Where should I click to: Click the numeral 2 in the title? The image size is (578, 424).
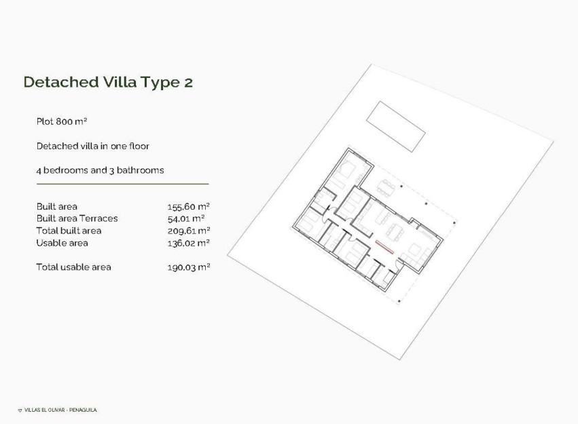tap(187, 82)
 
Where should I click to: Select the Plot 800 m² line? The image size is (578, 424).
tap(62, 121)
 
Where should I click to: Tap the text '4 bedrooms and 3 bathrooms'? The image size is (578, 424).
tap(100, 170)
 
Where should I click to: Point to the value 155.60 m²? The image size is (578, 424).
tap(188, 206)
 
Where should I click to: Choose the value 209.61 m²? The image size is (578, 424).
tap(188, 231)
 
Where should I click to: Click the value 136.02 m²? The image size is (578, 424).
tap(188, 243)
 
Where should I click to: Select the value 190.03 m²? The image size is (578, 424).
tap(188, 267)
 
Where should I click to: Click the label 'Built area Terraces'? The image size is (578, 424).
tap(77, 218)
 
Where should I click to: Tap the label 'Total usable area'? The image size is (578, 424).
tap(73, 267)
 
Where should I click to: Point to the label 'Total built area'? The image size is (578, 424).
tap(69, 231)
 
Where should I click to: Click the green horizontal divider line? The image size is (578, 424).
tap(122, 184)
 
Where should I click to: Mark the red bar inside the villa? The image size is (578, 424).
tap(385, 245)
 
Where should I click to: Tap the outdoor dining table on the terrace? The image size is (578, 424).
tap(388, 186)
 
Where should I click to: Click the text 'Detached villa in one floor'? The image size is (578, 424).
tap(92, 146)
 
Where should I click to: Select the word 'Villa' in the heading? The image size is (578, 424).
tap(120, 82)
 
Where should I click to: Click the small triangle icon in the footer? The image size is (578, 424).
tap(20, 410)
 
